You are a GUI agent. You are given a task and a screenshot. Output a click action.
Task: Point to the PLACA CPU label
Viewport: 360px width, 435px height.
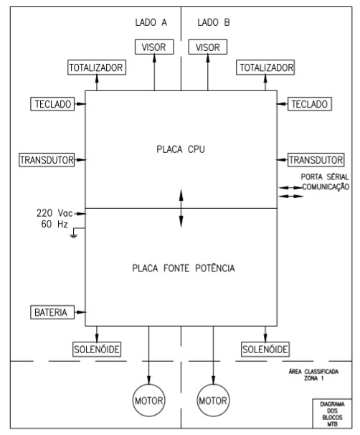pyautogui.click(x=181, y=149)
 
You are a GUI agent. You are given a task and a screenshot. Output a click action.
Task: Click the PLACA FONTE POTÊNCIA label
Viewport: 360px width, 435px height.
pyautogui.click(x=184, y=268)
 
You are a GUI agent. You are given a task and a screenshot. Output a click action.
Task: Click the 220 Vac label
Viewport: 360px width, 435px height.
pyautogui.click(x=55, y=213)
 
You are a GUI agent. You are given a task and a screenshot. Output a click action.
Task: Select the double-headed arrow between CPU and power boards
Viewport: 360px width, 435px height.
pyautogui.click(x=181, y=208)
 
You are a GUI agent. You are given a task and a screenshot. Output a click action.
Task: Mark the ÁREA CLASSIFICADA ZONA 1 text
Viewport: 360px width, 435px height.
pyautogui.click(x=313, y=375)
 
